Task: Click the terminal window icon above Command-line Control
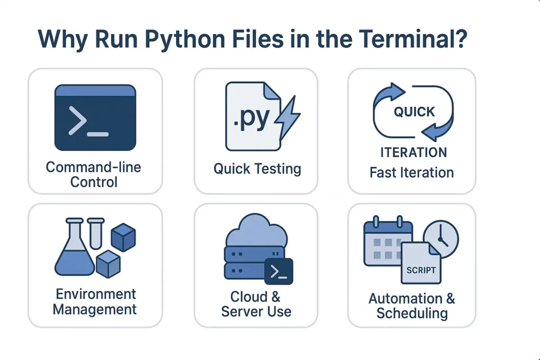[95, 118]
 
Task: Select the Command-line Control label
[94, 175]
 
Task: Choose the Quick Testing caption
[257, 169]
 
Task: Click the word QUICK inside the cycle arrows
[414, 112]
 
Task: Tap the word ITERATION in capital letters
[413, 153]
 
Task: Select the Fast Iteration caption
[411, 172]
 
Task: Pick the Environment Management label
[95, 301]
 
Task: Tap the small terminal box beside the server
[278, 271]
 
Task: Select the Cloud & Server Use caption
[256, 304]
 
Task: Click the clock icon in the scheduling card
[440, 239]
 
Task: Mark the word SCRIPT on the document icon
[421, 270]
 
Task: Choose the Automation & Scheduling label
[412, 306]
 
